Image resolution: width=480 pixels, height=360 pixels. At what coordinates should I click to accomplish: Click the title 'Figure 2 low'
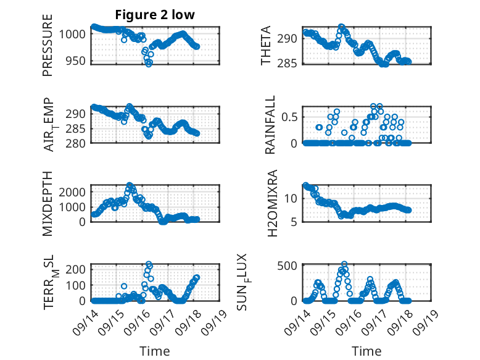pos(155,15)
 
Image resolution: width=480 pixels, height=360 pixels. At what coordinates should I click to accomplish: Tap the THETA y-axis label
pos(266,45)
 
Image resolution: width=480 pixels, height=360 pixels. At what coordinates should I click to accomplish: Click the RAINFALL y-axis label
pos(270,124)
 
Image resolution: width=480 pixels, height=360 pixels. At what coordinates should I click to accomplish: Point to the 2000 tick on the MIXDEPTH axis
pos(72,192)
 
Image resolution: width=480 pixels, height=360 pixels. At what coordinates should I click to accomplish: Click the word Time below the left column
pos(155,351)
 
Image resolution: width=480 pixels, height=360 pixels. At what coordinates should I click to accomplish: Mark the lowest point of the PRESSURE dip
pos(149,64)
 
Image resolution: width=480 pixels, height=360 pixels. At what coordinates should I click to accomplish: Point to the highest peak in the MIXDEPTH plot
pos(130,185)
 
